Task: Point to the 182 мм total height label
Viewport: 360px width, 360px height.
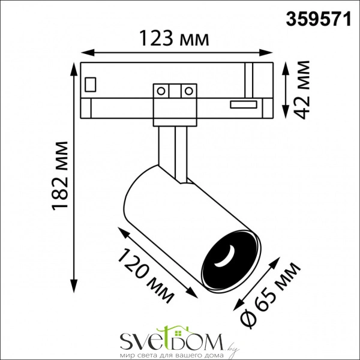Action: point(61,176)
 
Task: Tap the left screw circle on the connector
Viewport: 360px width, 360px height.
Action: point(161,91)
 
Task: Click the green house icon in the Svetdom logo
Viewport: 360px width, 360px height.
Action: point(165,332)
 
